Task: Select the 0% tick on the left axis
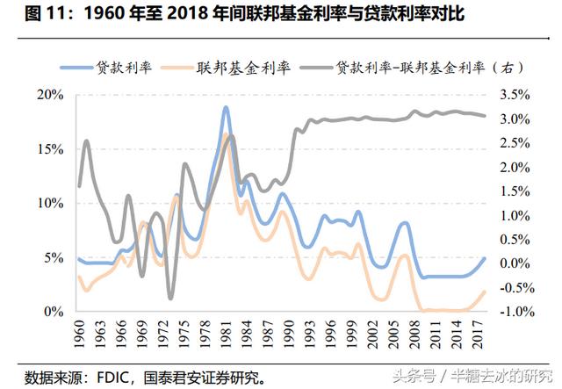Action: point(54,312)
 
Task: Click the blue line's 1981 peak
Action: point(226,108)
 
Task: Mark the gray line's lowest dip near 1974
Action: point(170,299)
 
